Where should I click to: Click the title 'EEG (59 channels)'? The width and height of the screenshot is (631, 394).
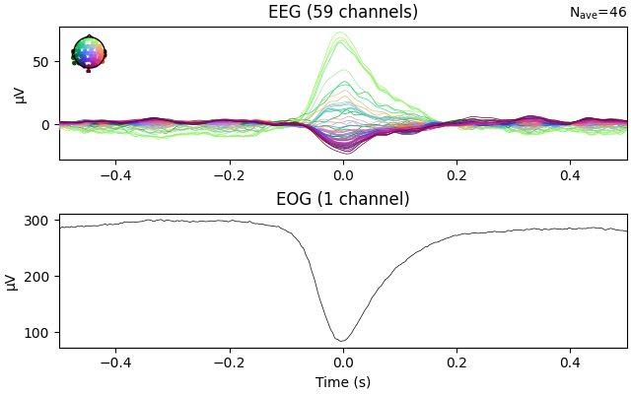coord(342,12)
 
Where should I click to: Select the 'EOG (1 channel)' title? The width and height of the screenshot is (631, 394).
coord(342,199)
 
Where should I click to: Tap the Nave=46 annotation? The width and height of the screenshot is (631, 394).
coord(597,13)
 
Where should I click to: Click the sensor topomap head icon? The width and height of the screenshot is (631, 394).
coord(89,52)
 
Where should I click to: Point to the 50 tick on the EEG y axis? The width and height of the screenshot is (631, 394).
coord(41,62)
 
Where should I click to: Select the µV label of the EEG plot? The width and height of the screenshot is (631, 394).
coord(20,94)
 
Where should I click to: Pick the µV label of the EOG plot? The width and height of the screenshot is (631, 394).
coord(13,281)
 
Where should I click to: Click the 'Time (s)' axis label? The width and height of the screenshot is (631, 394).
coord(342,382)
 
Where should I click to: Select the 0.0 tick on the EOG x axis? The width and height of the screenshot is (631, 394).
coord(342,361)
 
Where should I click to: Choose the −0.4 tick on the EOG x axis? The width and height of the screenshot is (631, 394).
coord(114,361)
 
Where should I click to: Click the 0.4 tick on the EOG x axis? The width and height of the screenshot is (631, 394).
coord(570,361)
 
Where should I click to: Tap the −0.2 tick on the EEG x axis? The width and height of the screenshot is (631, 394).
coord(228,174)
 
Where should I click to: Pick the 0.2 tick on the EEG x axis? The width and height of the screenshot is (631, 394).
coord(456,174)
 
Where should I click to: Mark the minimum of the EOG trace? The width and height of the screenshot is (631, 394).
coord(342,341)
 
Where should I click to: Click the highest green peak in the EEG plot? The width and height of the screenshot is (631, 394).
coord(341,33)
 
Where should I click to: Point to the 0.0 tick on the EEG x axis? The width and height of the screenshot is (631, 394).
coord(342,174)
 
